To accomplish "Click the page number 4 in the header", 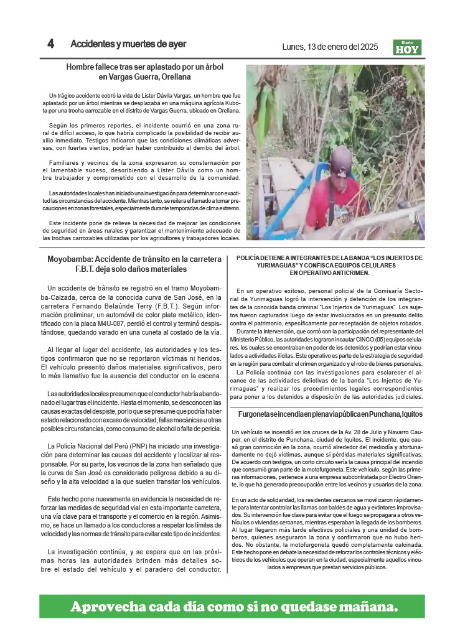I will tap(50, 44).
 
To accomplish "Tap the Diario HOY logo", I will tap(408, 47).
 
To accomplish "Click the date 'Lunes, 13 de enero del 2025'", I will tap(330, 47).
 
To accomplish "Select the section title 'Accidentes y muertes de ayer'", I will tap(128, 44).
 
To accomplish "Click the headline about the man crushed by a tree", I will tap(145, 72).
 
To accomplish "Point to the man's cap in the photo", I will tap(341, 159).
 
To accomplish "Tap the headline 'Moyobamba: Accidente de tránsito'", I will tap(134, 264).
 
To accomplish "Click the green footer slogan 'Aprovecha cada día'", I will tap(233, 606).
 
